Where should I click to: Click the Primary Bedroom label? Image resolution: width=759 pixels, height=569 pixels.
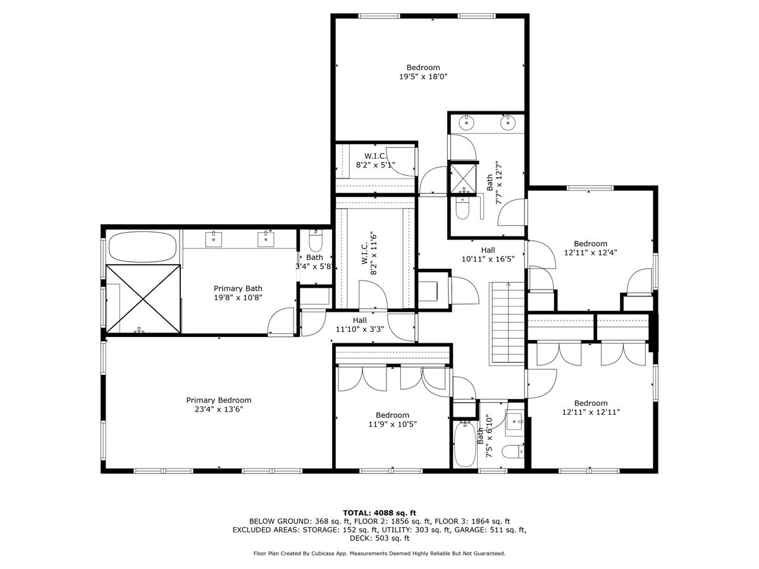tap(218, 400)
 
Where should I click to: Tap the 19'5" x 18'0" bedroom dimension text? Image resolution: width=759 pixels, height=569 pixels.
tap(423, 76)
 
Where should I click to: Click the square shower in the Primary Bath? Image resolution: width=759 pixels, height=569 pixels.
tap(144, 298)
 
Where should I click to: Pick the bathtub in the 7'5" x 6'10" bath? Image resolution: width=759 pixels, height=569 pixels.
tap(465, 444)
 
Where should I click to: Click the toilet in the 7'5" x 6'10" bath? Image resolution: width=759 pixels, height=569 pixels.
tap(512, 451)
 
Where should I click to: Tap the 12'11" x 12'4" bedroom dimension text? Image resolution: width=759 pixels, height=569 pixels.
tap(590, 252)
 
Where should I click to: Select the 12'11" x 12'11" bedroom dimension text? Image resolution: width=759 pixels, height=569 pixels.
tap(591, 412)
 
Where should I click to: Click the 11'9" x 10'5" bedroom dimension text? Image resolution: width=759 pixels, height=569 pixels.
tap(392, 424)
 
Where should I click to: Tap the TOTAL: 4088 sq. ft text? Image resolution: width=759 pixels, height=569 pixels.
tap(379, 513)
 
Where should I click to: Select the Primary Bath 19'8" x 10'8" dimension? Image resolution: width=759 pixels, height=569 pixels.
tap(237, 297)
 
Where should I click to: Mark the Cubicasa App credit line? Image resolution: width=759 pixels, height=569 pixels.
tap(379, 553)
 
